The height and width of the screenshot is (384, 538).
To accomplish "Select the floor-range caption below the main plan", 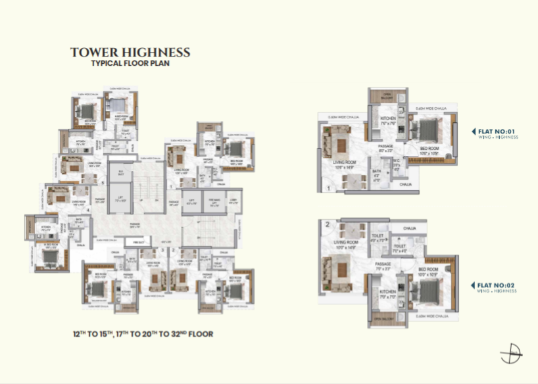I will [143, 334].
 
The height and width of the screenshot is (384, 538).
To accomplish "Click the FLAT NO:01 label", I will [498, 131].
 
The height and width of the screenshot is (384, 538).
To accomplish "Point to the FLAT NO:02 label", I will [498, 285].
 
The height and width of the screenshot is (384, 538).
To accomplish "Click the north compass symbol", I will [510, 354].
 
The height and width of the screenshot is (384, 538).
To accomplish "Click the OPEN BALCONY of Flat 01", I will [388, 96].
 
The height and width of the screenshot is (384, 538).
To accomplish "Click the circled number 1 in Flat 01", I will [327, 187].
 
